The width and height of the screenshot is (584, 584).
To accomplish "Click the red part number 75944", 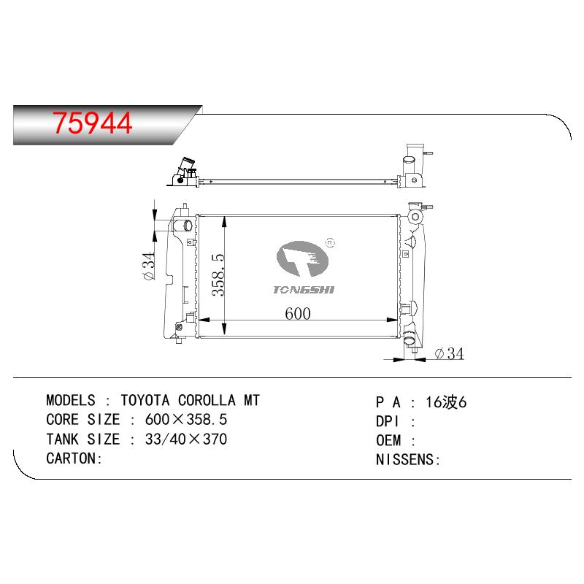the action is (93, 123).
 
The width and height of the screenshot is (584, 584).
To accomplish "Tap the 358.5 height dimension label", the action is (218, 275).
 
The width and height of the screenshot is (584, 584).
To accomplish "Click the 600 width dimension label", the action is (298, 314).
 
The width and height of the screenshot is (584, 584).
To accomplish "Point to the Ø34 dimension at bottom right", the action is (449, 353).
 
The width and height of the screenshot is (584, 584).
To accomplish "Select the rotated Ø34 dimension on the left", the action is (148, 266).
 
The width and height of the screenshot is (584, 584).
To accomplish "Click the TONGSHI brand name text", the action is (304, 290).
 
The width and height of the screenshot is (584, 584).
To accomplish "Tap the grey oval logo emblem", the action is (302, 258).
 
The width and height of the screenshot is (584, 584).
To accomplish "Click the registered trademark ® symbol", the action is (330, 243).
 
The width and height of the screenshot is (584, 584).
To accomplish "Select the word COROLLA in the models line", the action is (207, 400).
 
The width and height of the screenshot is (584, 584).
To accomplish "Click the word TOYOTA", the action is (145, 400).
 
